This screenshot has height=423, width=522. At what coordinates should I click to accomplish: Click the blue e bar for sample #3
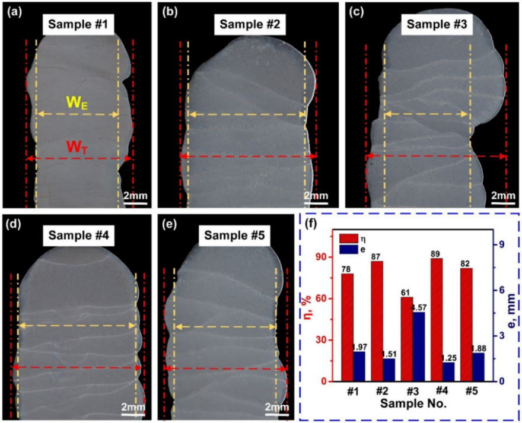419,346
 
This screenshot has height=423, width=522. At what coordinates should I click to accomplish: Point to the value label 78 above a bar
347,269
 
